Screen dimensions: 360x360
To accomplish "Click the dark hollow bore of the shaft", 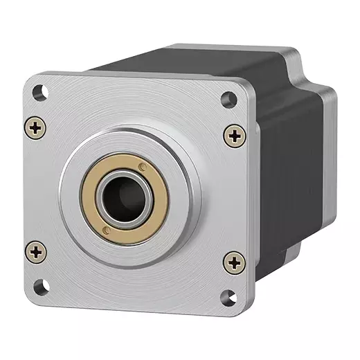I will pyautogui.click(x=127, y=198).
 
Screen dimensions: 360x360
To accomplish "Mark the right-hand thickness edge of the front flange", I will pyautogui.click(x=251, y=208).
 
